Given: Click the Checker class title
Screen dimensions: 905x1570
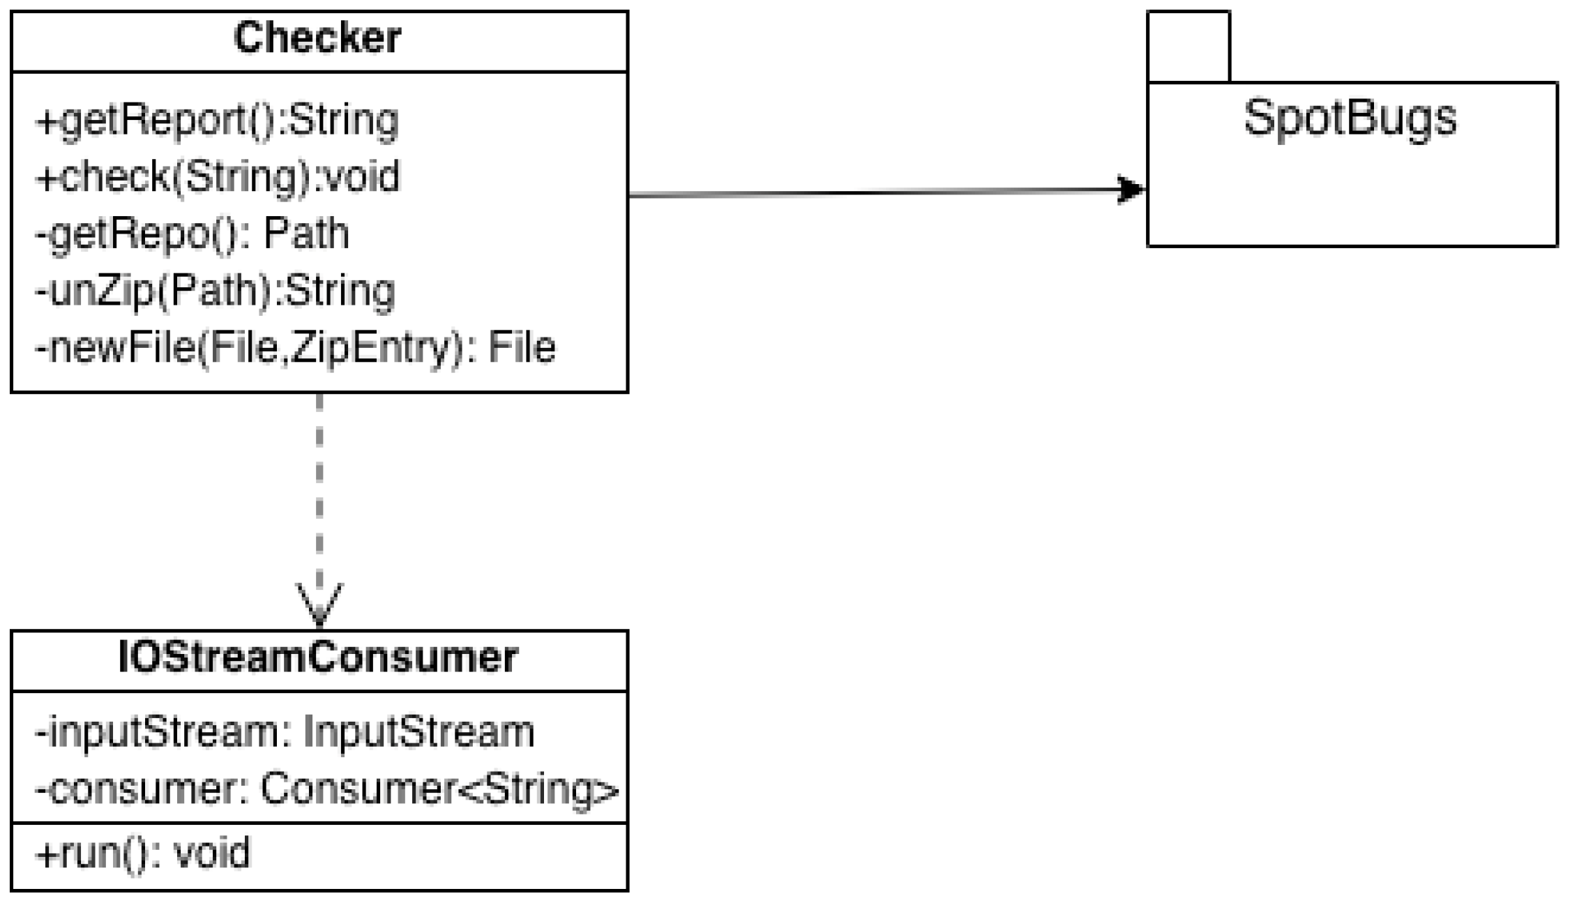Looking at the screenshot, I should coord(317,38).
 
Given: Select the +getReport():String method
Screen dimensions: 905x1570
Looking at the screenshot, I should coord(217,121).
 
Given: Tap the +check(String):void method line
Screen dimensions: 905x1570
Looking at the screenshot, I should coord(218,176).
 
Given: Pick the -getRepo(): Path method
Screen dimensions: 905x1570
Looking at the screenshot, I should coord(193,234).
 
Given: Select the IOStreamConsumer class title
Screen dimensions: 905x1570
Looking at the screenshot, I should coord(318,657).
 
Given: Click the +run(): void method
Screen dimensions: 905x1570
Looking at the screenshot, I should coord(143,853).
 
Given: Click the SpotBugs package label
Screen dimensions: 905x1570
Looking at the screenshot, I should coord(1350,118).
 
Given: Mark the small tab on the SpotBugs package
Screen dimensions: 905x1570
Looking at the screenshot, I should coord(1188,46).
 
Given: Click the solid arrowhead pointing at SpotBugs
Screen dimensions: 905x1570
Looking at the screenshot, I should coord(1130,189).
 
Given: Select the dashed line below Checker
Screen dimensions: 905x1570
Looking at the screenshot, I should coord(319,488).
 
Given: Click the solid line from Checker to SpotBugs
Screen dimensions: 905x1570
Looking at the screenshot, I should coord(872,192).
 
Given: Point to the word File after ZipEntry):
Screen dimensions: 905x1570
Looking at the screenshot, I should coord(521,347).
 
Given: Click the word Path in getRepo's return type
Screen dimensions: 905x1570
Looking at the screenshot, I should coord(306,234).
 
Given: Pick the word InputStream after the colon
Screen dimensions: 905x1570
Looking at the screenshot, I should coord(418,732).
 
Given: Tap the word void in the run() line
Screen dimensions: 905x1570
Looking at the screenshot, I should coord(211,853).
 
